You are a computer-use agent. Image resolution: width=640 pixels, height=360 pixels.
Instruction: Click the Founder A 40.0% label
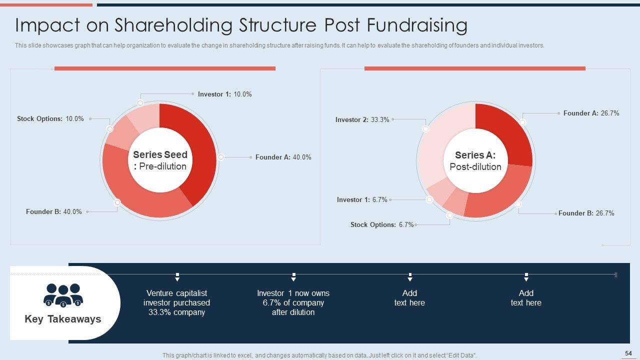pos(283,157)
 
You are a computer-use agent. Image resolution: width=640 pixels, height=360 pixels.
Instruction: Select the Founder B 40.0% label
pos(53,212)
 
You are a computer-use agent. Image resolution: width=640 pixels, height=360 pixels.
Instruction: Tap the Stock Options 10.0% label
pos(50,119)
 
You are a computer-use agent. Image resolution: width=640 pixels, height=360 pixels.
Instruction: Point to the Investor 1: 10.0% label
pos(224,94)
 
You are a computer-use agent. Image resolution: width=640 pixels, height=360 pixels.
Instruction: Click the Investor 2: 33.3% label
pos(362,120)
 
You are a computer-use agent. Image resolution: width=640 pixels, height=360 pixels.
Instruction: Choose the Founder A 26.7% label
pos(591,113)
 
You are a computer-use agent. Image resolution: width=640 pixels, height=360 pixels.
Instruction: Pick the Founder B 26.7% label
pos(586,213)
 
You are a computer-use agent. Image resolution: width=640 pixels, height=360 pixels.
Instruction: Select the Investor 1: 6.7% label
pos(362,200)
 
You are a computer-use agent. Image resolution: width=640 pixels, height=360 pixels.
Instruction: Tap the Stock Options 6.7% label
pos(382,225)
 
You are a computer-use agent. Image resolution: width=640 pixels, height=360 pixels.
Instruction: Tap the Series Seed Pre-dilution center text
pos(160,160)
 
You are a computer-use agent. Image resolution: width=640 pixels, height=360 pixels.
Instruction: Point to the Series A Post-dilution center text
pos(475,161)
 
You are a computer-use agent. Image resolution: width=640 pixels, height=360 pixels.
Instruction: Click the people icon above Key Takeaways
pos(63,295)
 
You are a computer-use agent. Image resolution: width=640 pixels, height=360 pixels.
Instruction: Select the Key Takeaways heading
pos(63,319)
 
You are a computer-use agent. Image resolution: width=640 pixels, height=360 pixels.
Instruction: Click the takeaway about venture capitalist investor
pos(176,302)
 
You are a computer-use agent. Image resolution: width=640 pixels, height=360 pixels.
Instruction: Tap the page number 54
pos(628,353)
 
